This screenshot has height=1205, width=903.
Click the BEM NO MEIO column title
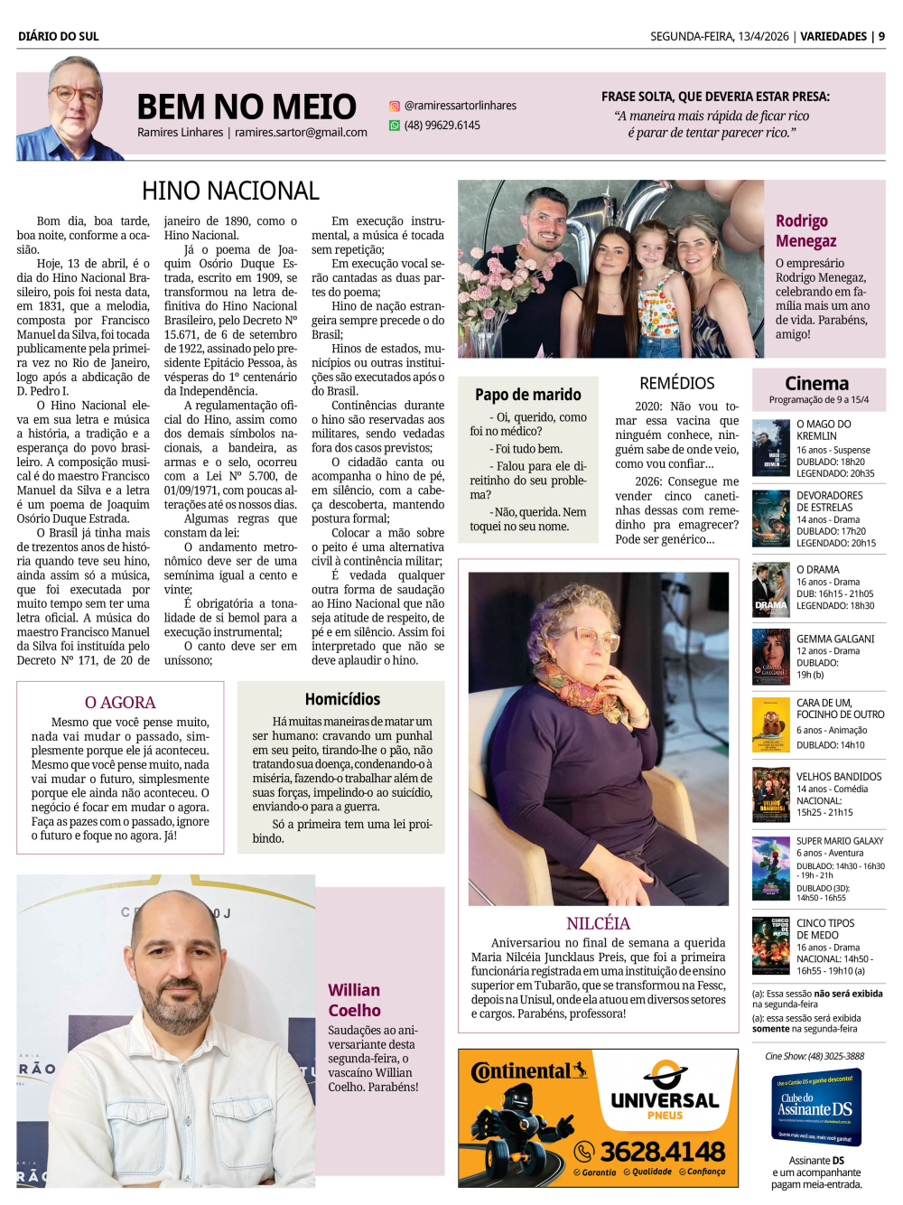(x=246, y=107)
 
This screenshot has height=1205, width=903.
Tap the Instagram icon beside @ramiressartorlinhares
(x=395, y=106)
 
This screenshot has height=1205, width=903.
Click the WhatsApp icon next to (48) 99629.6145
(x=395, y=126)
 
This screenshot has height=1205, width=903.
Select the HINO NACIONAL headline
(x=230, y=191)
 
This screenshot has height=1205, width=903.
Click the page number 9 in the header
(x=881, y=36)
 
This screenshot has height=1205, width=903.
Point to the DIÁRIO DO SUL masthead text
(x=59, y=36)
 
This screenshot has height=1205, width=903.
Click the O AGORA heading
(x=120, y=702)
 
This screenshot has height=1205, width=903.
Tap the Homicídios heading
(x=342, y=699)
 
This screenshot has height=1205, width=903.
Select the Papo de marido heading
(x=528, y=395)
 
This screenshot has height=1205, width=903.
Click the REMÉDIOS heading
(x=676, y=383)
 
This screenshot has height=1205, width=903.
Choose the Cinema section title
(x=816, y=383)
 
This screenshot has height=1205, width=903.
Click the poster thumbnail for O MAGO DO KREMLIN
(x=770, y=448)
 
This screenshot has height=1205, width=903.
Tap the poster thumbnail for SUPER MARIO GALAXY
(x=770, y=868)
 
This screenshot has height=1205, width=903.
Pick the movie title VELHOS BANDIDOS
(x=839, y=777)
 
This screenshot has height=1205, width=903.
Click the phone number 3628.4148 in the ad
(x=662, y=1152)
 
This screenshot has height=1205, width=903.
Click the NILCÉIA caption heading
(x=598, y=923)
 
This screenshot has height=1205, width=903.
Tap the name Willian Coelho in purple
(x=354, y=1000)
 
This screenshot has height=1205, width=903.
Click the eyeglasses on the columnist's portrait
(x=75, y=93)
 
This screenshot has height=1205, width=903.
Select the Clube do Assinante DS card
(x=816, y=1107)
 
